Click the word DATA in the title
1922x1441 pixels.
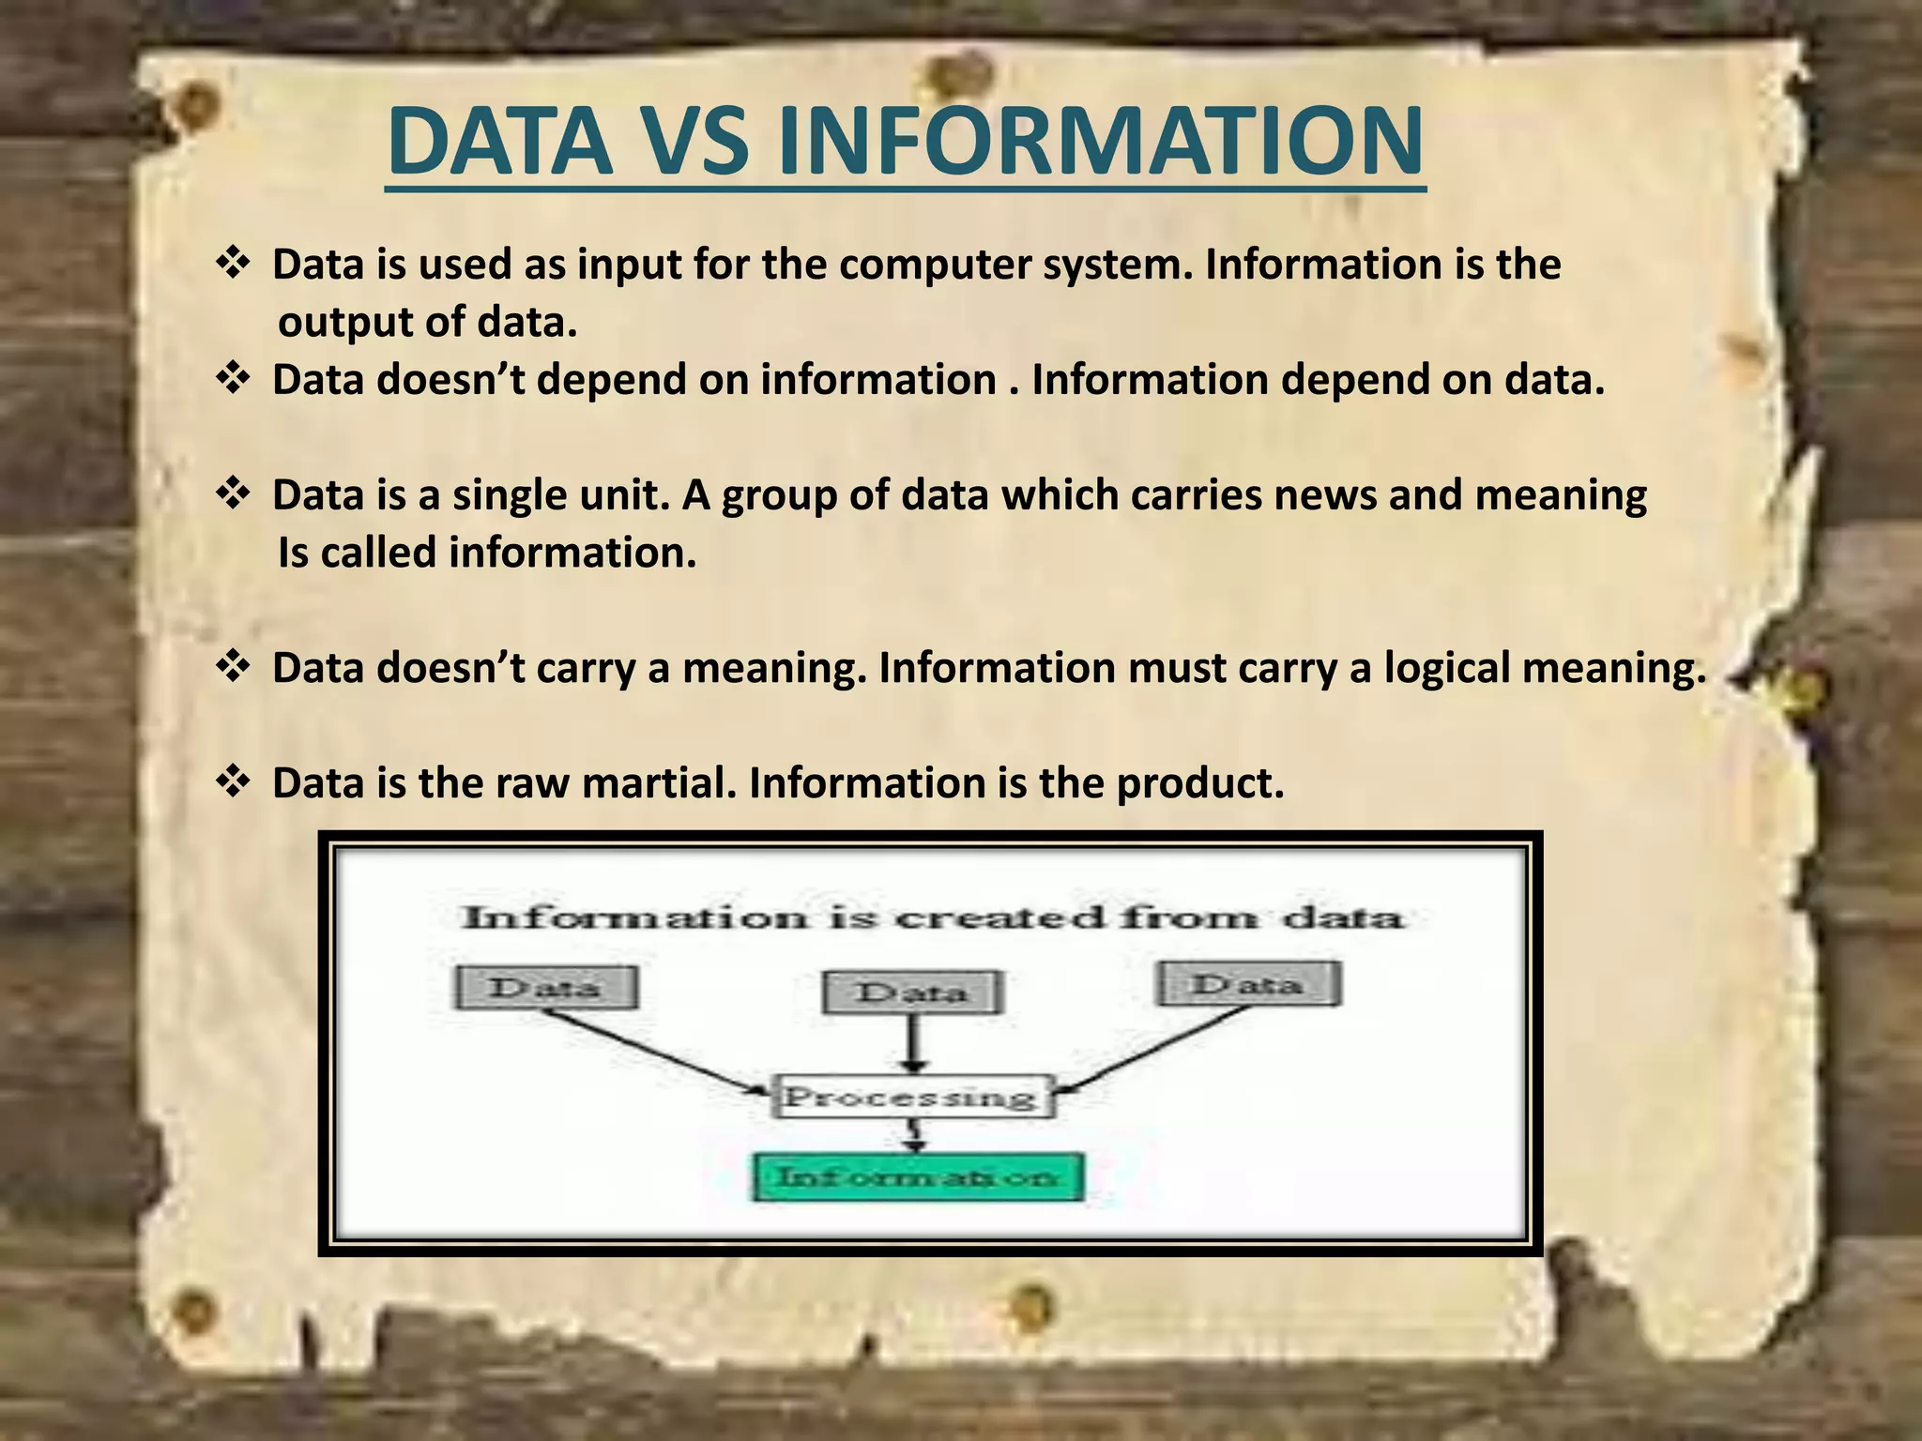coord(498,143)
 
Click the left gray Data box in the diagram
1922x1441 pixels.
coord(545,988)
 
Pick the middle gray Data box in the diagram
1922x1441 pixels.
coord(912,993)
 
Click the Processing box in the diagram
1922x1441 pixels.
coord(912,1096)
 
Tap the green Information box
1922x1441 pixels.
coord(918,1176)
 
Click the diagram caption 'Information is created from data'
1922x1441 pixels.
coord(932,917)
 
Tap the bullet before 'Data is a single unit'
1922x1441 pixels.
coord(232,493)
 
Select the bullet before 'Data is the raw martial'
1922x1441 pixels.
coord(232,781)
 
